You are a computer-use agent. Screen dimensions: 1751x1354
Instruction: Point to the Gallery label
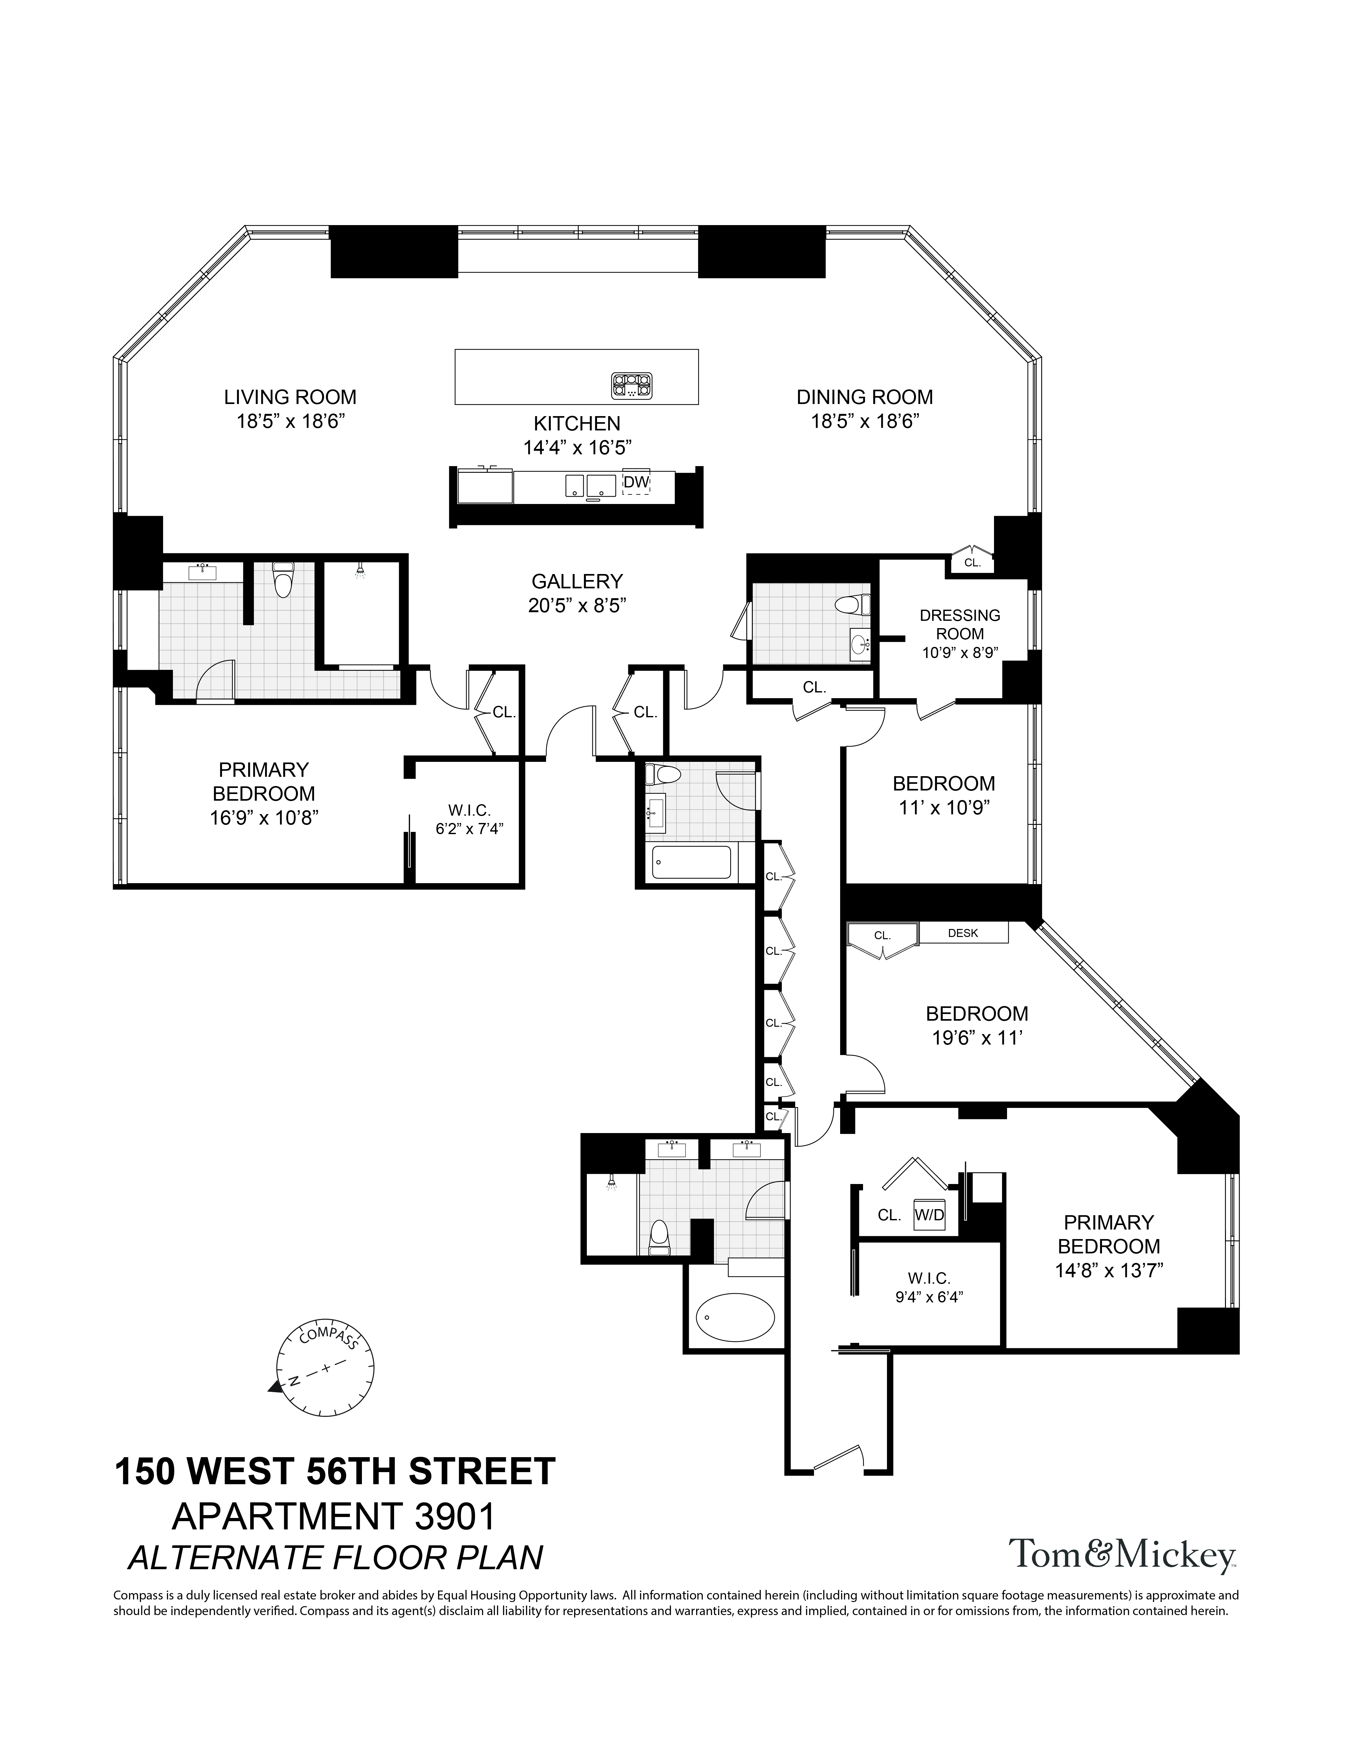click(x=577, y=580)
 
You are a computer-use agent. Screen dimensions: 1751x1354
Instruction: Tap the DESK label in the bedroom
click(x=962, y=933)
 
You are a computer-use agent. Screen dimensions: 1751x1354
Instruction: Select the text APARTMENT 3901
click(x=335, y=1516)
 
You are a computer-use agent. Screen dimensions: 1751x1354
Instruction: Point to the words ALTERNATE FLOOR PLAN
click(x=335, y=1557)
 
